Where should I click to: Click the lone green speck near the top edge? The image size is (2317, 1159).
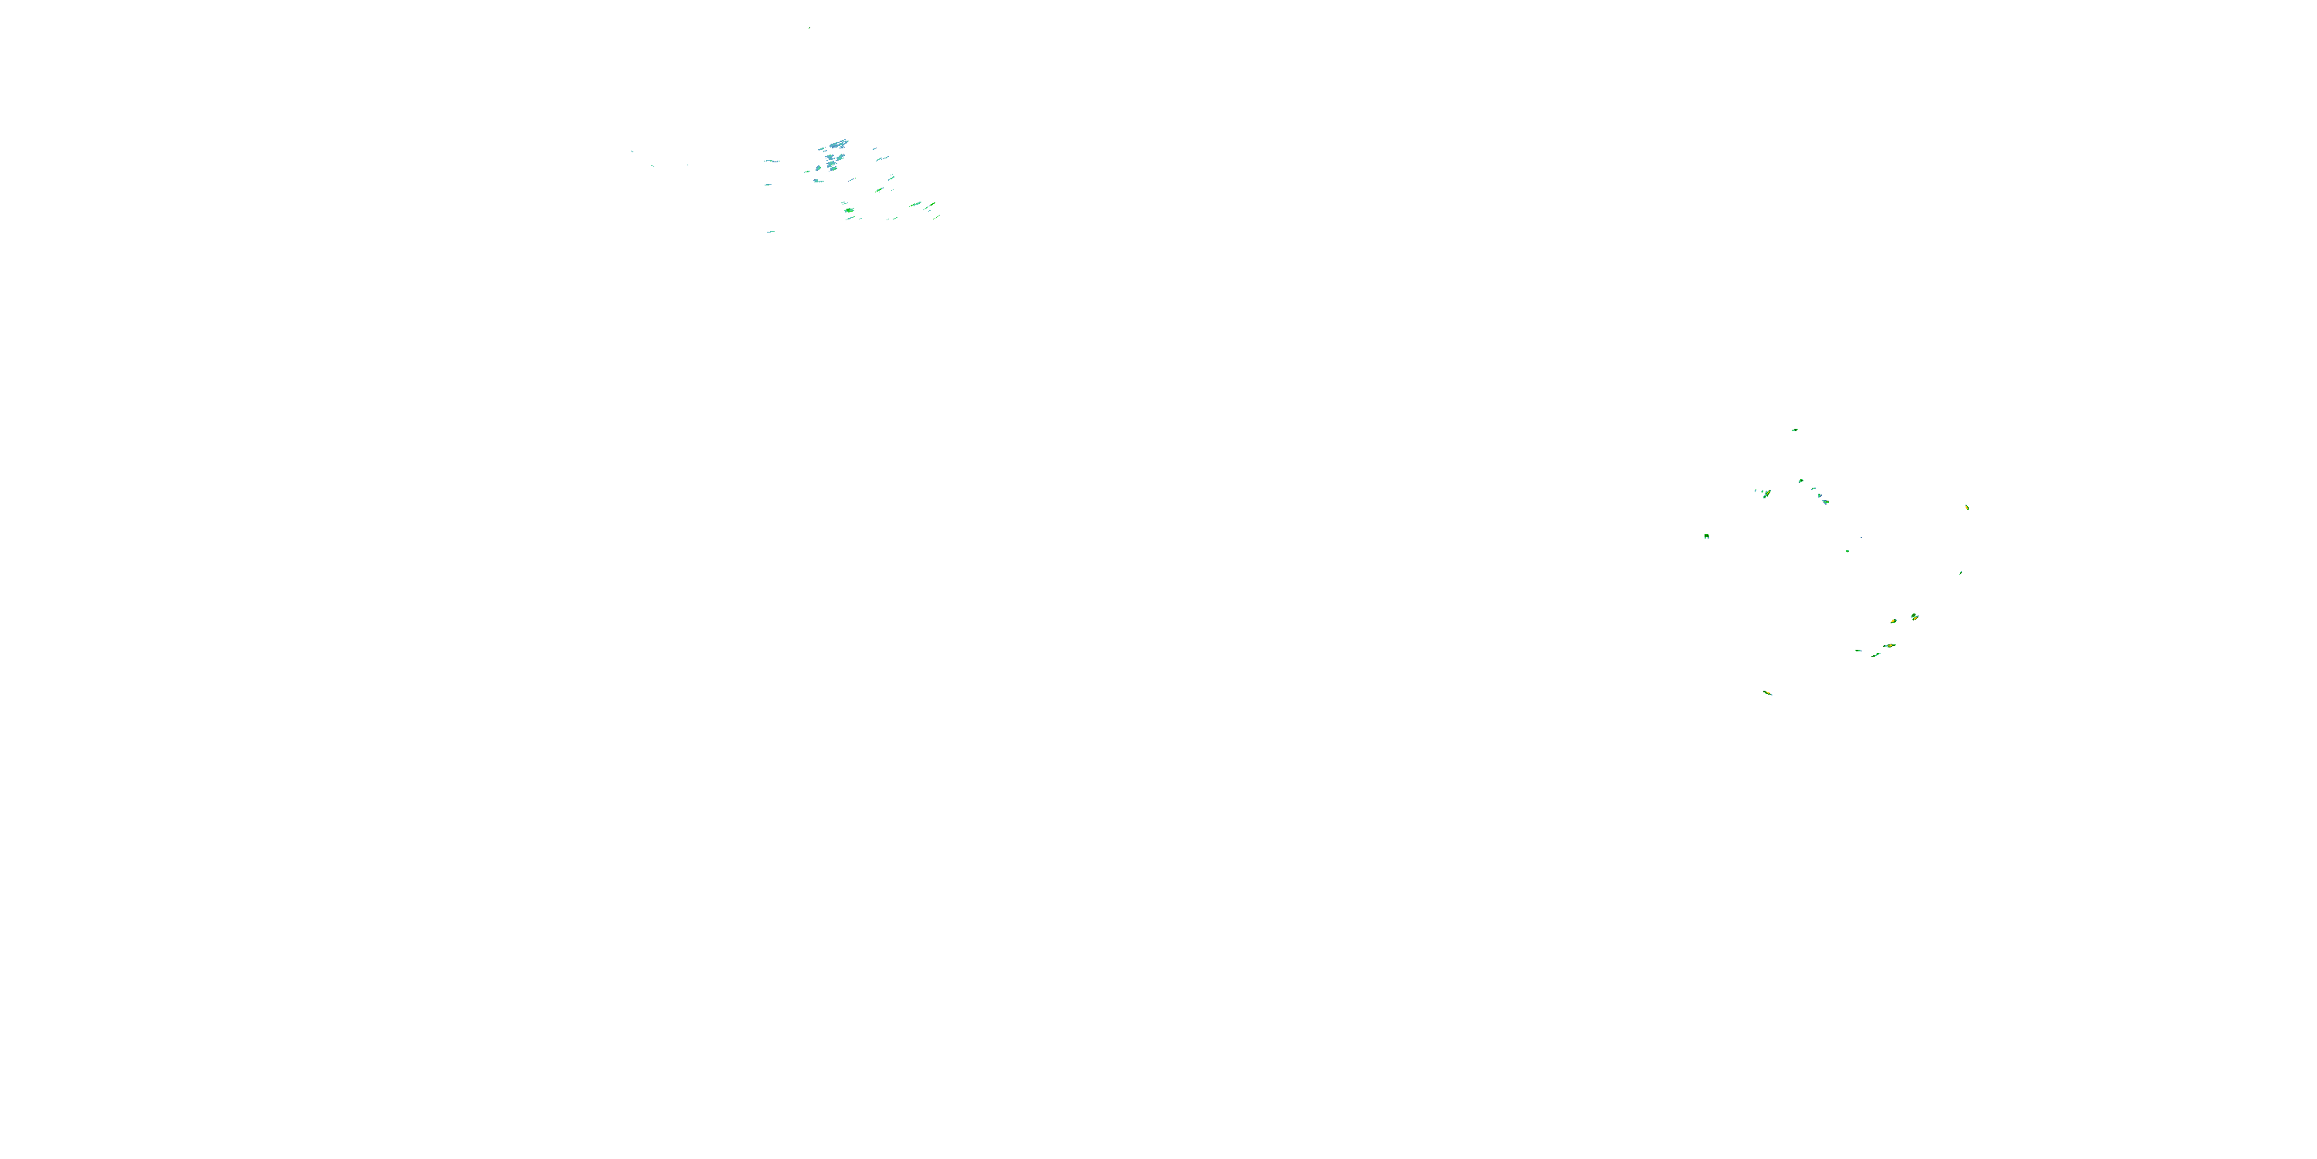tap(809, 28)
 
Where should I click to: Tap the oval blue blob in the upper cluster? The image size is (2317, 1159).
tap(818, 168)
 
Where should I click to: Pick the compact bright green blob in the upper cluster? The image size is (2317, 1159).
tap(849, 211)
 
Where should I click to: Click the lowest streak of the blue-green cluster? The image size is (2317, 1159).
tap(771, 231)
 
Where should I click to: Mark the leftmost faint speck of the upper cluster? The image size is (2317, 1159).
tap(632, 151)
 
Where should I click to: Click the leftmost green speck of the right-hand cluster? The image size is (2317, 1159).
tap(1706, 536)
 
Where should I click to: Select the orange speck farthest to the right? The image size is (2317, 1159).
tap(1967, 508)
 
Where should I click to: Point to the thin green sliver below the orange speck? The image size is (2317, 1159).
tap(1961, 573)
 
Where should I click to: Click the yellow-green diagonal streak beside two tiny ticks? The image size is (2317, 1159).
tap(1766, 493)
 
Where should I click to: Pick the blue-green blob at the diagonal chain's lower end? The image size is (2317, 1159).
tap(1825, 501)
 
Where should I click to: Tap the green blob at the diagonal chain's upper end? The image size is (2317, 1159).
tap(1801, 481)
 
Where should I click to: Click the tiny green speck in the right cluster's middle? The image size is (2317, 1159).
tap(1847, 551)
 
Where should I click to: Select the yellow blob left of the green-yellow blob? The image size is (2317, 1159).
tap(1893, 622)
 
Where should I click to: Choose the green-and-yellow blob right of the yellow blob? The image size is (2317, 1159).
tap(1914, 617)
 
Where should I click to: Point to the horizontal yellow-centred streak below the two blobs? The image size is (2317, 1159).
tap(1889, 646)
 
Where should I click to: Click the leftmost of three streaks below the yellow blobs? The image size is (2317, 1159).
tap(1858, 651)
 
